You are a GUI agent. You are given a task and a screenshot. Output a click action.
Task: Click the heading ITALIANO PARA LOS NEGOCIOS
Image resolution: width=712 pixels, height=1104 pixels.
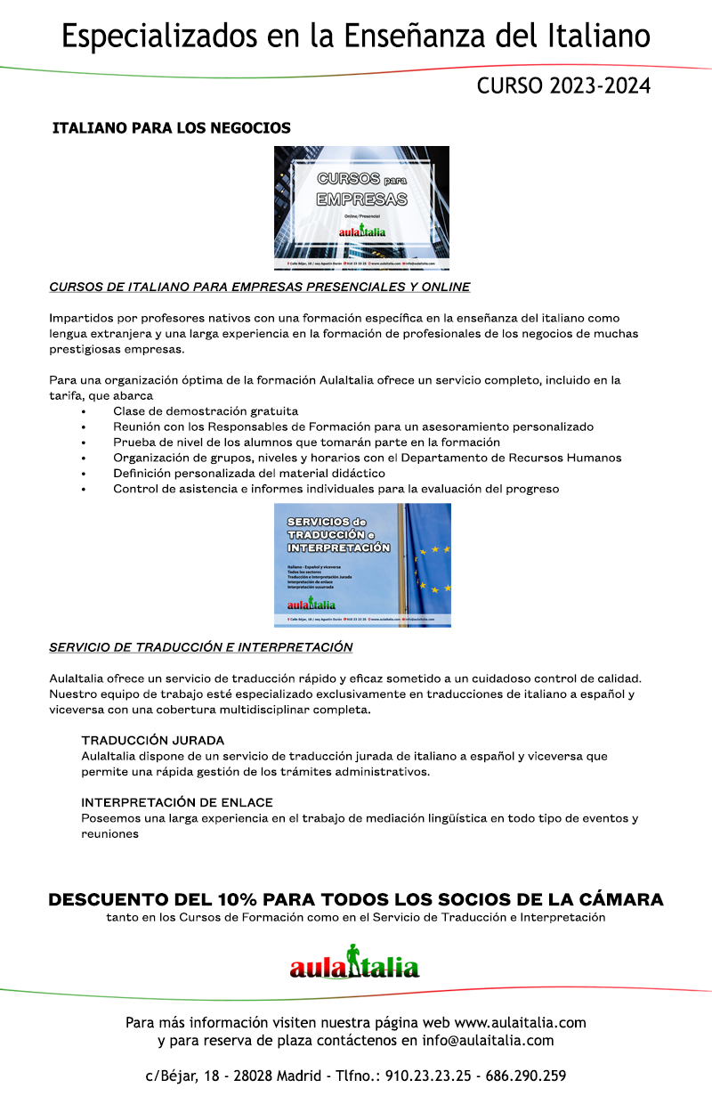(172, 128)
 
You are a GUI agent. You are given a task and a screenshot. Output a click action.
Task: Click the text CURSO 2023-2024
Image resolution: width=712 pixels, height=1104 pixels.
(563, 86)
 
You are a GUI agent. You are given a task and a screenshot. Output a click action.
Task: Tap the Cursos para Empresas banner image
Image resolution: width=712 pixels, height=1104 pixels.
(361, 207)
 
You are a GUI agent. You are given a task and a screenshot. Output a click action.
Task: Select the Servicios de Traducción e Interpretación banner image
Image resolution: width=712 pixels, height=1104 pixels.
(362, 564)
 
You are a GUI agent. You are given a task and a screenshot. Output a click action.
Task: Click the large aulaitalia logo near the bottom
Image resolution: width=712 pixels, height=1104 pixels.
(354, 963)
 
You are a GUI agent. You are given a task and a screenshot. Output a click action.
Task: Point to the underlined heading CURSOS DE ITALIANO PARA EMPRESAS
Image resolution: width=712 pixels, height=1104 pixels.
(260, 287)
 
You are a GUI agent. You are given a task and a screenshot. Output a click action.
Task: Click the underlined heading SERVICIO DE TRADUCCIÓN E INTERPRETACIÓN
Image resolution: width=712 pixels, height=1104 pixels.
(201, 647)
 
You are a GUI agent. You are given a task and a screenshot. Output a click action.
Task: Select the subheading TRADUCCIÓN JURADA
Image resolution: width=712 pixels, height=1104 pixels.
(153, 740)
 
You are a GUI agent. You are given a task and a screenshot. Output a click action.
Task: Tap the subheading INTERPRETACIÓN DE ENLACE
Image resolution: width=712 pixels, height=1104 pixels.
(177, 802)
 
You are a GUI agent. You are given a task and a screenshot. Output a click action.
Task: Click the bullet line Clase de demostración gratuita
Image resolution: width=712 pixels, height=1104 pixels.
(206, 411)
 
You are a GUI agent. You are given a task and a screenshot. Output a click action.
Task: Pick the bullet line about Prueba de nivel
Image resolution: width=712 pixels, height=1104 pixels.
(306, 442)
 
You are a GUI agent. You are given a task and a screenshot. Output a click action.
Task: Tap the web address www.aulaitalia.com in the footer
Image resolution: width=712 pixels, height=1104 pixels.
(520, 1022)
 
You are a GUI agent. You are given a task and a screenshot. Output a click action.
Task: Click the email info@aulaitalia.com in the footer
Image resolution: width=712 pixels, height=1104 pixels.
(489, 1040)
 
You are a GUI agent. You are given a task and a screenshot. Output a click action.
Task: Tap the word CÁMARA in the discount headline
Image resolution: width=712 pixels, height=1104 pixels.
(614, 899)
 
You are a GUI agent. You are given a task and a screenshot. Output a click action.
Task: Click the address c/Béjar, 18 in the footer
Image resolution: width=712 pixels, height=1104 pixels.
(183, 1076)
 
